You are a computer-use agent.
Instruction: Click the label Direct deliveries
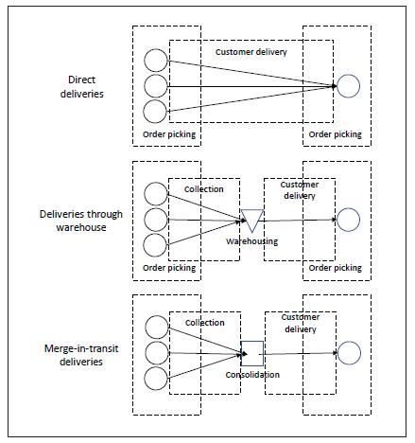coord(82,87)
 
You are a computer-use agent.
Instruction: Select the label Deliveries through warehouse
coord(81,221)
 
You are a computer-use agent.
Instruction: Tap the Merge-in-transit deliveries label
coord(81,355)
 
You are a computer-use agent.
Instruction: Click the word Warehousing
coord(252,241)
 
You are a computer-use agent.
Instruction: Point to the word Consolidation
coord(252,375)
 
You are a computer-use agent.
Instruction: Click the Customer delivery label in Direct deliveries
coord(251,52)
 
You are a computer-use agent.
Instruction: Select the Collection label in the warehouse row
coord(204,189)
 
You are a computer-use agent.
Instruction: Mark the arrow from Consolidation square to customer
coord(301,354)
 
